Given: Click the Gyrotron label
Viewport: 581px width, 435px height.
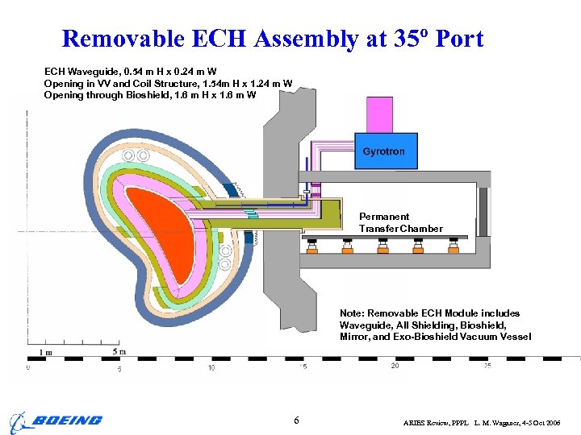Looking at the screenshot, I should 384,151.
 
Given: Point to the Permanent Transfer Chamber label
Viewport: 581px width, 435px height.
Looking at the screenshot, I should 400,222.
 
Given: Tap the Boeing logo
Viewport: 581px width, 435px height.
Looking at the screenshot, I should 56,420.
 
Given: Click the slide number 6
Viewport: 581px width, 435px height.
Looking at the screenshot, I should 296,420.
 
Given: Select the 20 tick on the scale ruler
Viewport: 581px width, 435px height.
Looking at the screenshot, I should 395,366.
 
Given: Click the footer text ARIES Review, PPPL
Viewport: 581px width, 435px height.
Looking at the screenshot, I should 436,422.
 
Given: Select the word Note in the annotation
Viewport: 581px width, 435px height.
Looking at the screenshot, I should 352,313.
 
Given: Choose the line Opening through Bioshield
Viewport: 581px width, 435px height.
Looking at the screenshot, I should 150,95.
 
